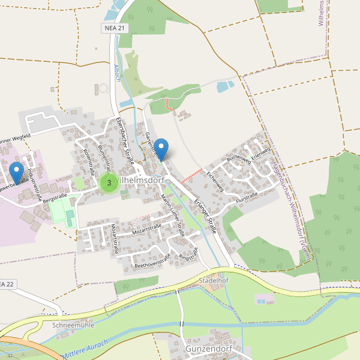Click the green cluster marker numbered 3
(x=109, y=182)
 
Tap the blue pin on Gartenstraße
(x=161, y=148)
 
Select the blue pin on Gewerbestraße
(x=17, y=172)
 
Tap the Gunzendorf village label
(x=208, y=349)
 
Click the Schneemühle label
(x=74, y=325)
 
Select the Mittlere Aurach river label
(x=84, y=349)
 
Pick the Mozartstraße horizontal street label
(x=148, y=227)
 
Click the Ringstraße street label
(x=188, y=254)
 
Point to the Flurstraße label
(x=247, y=196)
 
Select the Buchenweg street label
(x=238, y=159)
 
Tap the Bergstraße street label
(x=53, y=197)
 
